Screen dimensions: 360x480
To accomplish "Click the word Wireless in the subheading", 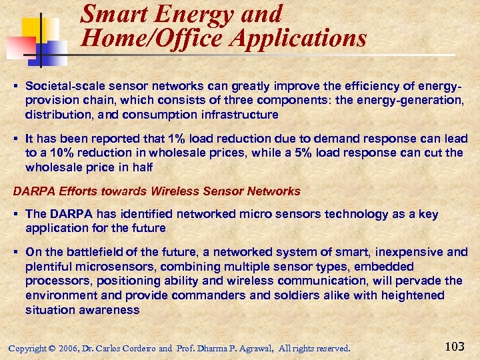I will (x=175, y=191).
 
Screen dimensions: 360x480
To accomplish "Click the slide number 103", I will (x=454, y=347).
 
